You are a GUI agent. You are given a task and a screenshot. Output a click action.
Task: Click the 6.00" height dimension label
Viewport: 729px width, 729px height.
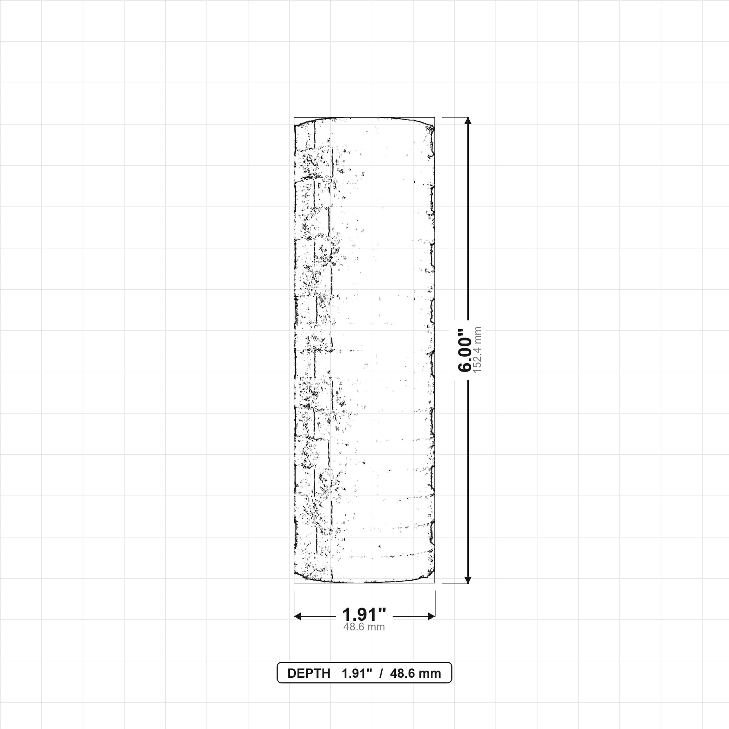click(x=465, y=351)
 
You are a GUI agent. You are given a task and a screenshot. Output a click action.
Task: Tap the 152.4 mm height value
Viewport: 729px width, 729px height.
click(x=478, y=350)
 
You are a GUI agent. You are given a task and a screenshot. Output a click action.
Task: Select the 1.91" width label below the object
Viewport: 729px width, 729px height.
click(x=364, y=615)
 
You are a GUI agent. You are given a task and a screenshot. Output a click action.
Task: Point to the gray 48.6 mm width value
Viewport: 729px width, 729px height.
click(x=364, y=627)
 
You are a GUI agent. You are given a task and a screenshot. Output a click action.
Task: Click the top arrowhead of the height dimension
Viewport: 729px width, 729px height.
click(x=468, y=121)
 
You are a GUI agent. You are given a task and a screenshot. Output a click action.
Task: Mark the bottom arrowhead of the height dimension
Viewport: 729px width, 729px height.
click(x=468, y=580)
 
